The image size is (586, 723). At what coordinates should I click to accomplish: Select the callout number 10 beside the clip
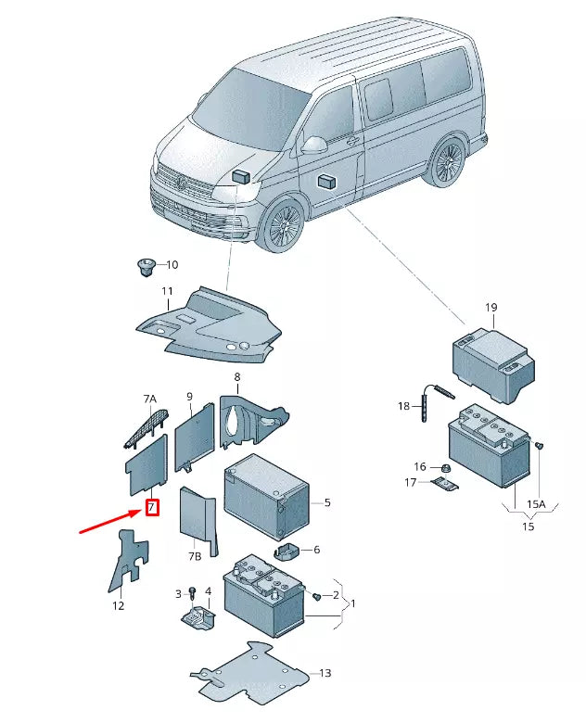(x=172, y=265)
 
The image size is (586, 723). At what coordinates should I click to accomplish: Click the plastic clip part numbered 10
(x=145, y=268)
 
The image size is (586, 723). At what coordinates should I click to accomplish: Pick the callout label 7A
(x=150, y=399)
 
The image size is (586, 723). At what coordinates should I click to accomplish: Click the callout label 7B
(x=196, y=556)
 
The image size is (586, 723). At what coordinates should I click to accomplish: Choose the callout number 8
(x=236, y=377)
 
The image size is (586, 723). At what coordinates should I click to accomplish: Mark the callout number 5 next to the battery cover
(x=326, y=503)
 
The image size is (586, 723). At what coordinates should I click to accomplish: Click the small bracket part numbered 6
(x=286, y=552)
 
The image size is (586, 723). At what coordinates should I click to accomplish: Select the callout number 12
(x=118, y=606)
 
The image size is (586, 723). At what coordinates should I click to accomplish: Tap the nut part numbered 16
(x=445, y=466)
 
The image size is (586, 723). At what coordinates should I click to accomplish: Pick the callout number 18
(x=403, y=406)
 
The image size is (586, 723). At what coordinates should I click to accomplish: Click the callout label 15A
(x=537, y=503)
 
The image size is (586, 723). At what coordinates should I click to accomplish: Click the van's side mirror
(x=315, y=145)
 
